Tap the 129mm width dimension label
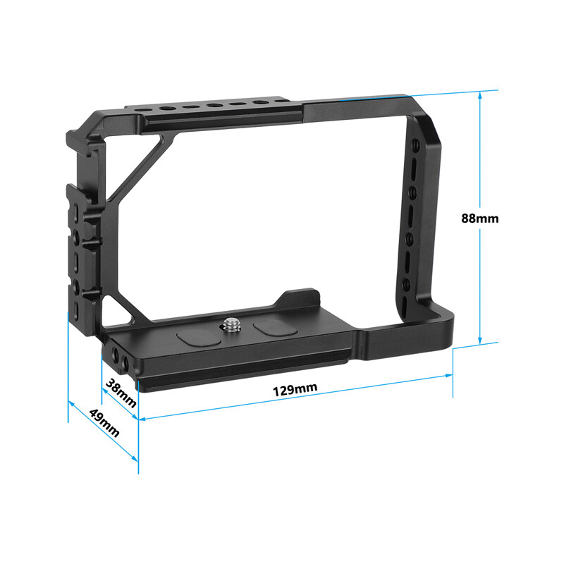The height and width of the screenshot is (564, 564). pos(296,389)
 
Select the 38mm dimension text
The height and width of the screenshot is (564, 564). pos(121,392)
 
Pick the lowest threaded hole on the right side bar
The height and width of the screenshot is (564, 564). pos(407,285)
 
